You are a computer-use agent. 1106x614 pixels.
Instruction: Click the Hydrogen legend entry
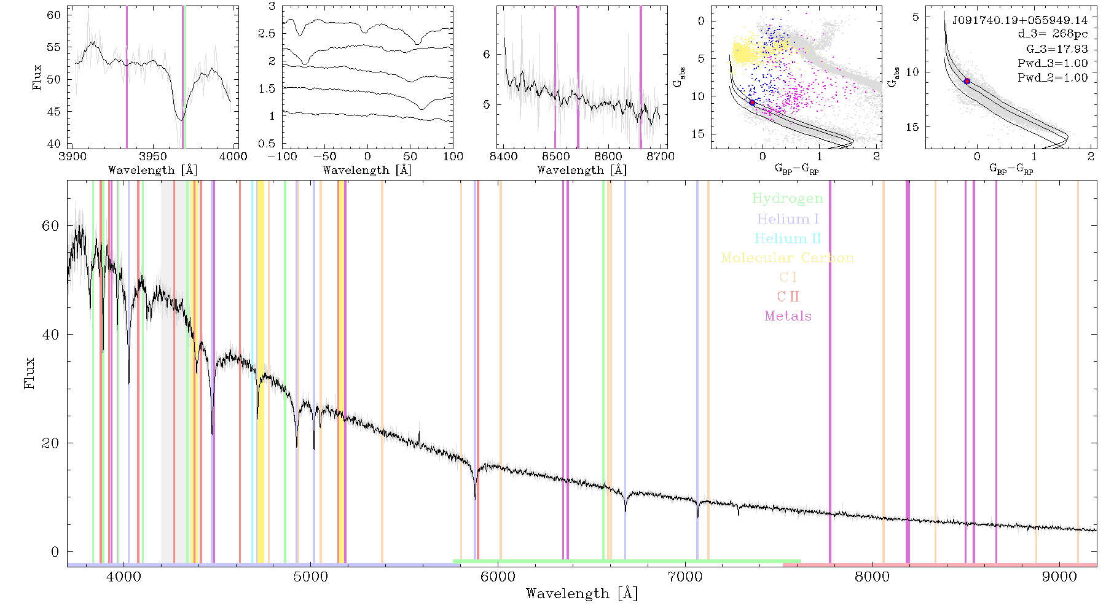[x=787, y=199]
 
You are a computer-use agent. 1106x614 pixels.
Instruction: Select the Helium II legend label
[x=787, y=238]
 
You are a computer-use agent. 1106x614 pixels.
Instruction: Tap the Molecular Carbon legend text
[x=787, y=258]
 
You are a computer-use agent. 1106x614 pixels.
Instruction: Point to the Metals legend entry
[x=788, y=316]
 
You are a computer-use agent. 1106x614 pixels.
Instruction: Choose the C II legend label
[x=788, y=297]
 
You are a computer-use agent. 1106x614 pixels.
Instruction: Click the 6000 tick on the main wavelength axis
[x=498, y=577]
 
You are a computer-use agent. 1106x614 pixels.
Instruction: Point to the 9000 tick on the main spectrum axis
[x=1059, y=577]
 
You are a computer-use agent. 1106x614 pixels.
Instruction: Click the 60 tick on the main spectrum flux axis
[x=50, y=226]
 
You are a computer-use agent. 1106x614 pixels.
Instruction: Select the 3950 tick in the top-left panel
[x=152, y=156]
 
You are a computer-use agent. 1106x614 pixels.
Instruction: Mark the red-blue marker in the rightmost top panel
[x=967, y=81]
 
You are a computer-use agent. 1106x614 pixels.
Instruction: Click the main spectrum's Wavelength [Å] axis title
[x=582, y=594]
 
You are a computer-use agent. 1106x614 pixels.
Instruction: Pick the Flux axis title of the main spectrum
[x=29, y=373]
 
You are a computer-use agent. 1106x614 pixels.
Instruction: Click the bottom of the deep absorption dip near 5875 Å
[x=475, y=497]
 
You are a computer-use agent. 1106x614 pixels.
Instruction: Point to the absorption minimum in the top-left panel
[x=181, y=120]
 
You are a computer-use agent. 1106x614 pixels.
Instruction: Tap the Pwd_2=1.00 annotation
[x=1053, y=78]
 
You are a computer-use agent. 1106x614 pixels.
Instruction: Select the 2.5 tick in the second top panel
[x=267, y=34]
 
